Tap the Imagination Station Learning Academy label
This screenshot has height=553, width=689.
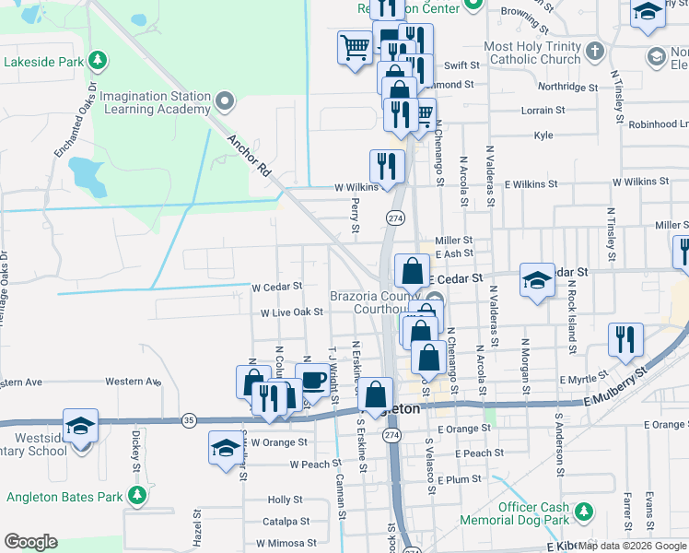click(x=156, y=102)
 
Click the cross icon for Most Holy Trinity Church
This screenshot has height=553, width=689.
click(x=595, y=52)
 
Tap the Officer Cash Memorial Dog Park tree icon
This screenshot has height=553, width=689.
click(x=582, y=511)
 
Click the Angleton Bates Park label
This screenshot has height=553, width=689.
click(x=64, y=497)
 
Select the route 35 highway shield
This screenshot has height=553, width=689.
click(x=189, y=420)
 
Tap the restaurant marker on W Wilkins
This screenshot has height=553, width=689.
click(x=386, y=166)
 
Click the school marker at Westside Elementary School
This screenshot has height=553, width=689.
click(x=81, y=426)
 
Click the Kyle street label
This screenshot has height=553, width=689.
click(x=543, y=135)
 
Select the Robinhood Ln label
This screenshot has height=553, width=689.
click(x=660, y=123)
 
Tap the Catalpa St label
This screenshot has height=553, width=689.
click(x=286, y=522)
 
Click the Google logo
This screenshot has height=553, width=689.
click(x=31, y=542)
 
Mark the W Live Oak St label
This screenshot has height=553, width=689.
click(x=291, y=312)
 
